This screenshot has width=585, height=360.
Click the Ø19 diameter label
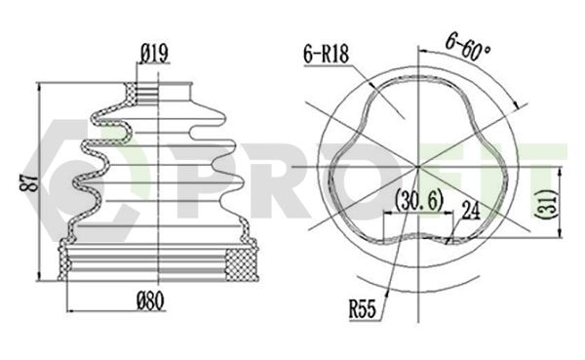click(x=154, y=54)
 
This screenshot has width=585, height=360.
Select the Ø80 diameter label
click(x=151, y=301)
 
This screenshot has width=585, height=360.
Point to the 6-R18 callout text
click(x=326, y=54)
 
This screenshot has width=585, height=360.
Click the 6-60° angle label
click(x=467, y=47)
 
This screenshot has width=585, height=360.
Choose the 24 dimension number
click(x=471, y=211)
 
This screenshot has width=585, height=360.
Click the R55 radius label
click(x=363, y=309)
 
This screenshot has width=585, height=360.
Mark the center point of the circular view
click(x=418, y=167)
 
